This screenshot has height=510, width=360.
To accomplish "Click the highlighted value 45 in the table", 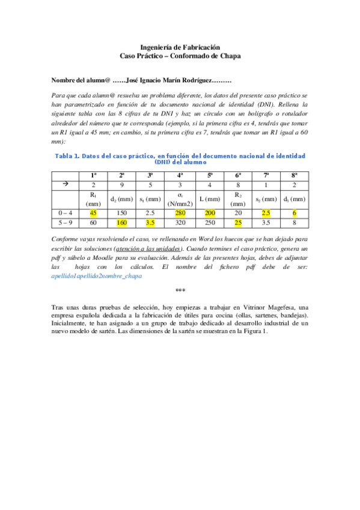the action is coord(93,213).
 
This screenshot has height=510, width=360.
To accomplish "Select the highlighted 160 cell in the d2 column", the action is coord(122,223).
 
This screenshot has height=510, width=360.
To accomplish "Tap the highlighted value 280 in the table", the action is coord(180,213).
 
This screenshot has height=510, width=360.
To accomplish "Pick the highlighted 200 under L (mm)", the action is coord(210,213).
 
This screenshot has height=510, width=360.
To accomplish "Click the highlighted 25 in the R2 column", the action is coord(239,223).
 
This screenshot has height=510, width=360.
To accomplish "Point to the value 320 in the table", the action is coord(180,223).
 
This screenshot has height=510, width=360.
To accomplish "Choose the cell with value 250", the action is coord(210,223).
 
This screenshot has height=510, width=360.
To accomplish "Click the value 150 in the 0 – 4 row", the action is coord(122,213).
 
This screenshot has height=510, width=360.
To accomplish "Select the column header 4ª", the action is coord(180,175).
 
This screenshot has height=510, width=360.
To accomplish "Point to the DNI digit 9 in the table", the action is coord(122,185).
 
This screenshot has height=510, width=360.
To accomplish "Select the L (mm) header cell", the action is coord(210,198).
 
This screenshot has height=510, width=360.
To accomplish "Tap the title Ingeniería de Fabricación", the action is coord(180,47).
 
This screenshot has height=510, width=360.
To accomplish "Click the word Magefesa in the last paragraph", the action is coord(270,307).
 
